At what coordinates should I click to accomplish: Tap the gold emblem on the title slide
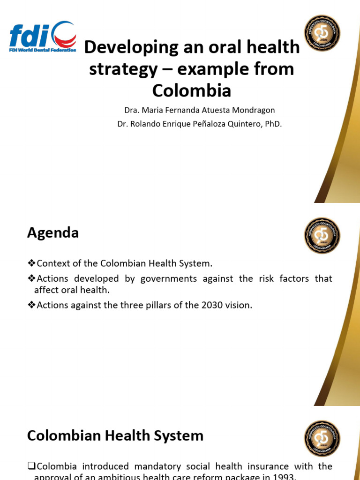[322, 33]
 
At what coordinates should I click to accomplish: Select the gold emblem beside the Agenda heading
[322, 236]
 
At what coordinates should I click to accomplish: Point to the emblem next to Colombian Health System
[322, 439]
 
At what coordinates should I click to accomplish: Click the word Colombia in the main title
[192, 90]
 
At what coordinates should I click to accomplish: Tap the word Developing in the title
[125, 47]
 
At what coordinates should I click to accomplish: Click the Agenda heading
[53, 232]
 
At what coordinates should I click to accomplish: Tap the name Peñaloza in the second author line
[199, 124]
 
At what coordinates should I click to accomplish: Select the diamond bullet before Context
[31, 263]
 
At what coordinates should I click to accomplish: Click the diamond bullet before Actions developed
[31, 278]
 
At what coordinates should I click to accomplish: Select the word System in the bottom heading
[180, 436]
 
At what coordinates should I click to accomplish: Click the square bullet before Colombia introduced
[31, 466]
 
